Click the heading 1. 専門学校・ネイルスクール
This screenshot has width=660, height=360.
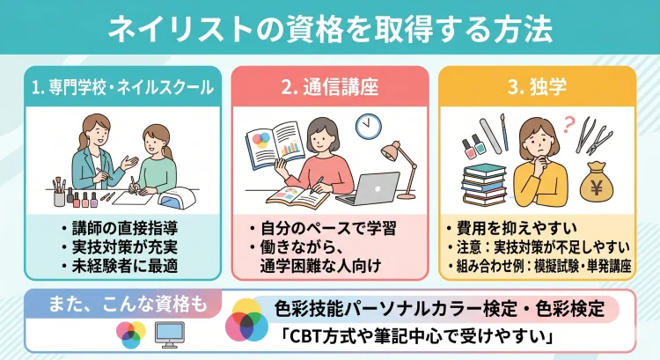click(x=121, y=87)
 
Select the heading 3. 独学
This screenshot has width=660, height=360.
click(x=537, y=87)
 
